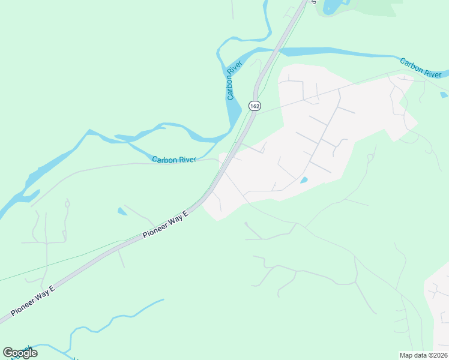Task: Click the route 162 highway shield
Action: click(x=255, y=106)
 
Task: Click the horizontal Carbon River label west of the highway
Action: click(x=174, y=160)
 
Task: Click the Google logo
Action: click(x=20, y=353)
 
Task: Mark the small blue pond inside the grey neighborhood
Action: click(x=304, y=180)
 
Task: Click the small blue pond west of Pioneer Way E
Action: click(x=122, y=211)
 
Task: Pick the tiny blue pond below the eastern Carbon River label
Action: click(x=443, y=95)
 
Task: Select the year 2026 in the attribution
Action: click(x=438, y=355)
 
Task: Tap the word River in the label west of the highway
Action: click(x=186, y=160)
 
